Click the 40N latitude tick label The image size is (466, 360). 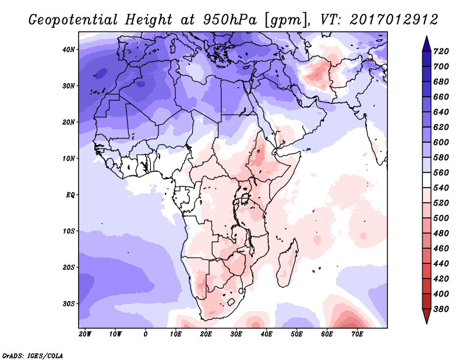(x=68, y=50)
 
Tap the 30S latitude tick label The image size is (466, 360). (x=68, y=303)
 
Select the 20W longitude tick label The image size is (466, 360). (x=84, y=334)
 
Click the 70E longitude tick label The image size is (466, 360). (x=357, y=334)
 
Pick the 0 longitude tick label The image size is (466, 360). (x=145, y=334)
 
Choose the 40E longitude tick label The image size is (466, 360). (x=266, y=334)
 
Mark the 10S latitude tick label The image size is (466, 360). (x=68, y=231)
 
